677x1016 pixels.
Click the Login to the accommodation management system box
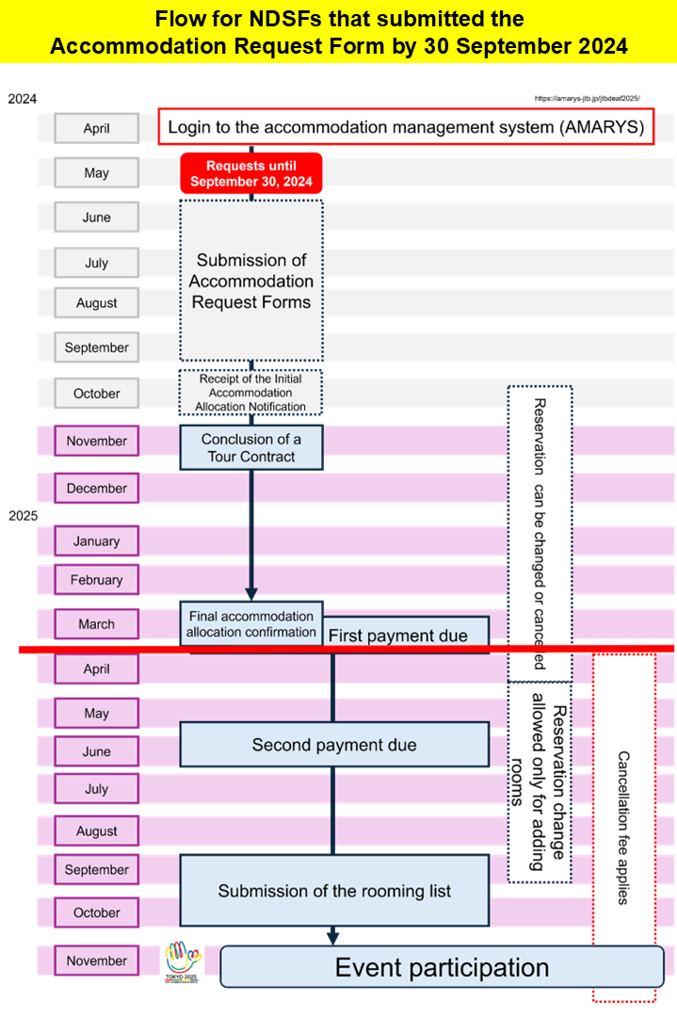point(406,128)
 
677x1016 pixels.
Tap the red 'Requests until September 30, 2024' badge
point(251,173)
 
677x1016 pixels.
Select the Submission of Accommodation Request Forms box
point(251,280)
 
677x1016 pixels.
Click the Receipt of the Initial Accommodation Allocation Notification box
point(251,393)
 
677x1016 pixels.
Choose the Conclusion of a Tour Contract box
point(251,447)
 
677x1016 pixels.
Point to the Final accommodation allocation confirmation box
point(251,623)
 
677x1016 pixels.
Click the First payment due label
point(397,637)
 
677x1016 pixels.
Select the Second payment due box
point(334,745)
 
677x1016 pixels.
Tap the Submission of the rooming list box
point(334,891)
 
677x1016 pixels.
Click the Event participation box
point(442,967)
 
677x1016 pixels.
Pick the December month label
point(96,489)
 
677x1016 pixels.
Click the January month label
point(96,541)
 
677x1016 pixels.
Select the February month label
point(96,580)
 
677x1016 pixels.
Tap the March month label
point(96,624)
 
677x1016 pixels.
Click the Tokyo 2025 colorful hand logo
point(183,960)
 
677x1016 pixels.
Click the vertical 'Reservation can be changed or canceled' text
point(540,533)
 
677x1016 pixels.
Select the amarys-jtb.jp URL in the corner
point(587,98)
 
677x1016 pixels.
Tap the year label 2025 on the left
point(24,516)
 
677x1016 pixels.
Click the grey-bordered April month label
point(96,129)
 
